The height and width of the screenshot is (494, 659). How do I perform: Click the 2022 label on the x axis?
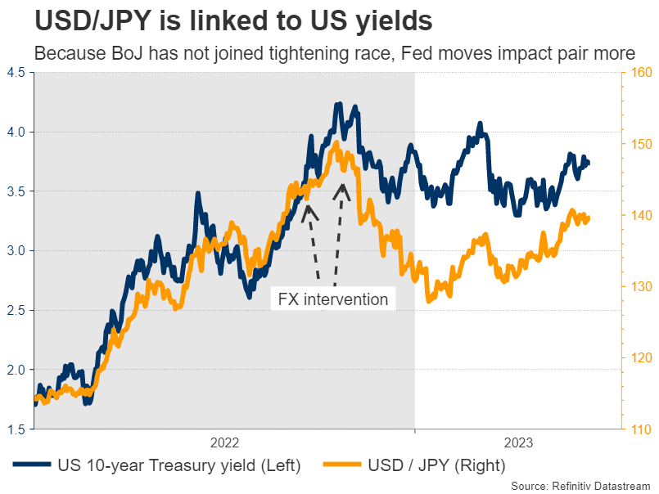click(x=224, y=442)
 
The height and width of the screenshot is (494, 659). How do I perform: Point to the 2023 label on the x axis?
click(x=518, y=442)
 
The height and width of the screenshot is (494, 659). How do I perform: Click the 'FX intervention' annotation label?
click(x=333, y=299)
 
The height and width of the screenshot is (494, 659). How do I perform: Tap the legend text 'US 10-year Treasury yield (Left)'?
click(x=179, y=465)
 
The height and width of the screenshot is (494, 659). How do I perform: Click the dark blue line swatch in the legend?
click(x=31, y=465)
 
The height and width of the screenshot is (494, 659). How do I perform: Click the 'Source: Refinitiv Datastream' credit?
click(x=580, y=485)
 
